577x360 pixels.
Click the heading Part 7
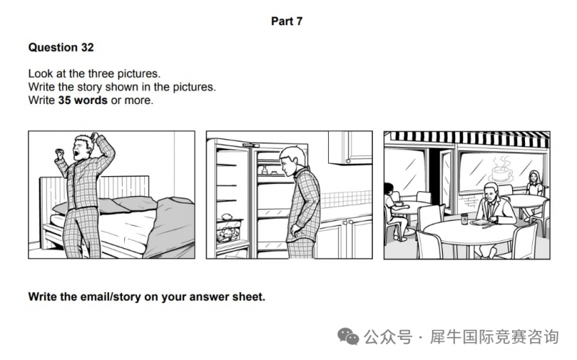[x=286, y=22]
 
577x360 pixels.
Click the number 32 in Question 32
[x=87, y=48]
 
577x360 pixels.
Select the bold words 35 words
[x=83, y=100]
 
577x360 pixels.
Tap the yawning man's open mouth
[x=76, y=152]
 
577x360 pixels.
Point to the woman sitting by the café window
[x=534, y=191]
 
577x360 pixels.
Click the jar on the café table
[x=464, y=219]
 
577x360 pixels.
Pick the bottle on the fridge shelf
[x=264, y=170]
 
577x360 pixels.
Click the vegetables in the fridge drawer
[x=227, y=235]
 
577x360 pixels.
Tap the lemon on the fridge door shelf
[x=226, y=216]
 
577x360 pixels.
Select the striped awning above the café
[x=467, y=139]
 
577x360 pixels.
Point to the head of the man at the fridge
[x=292, y=159]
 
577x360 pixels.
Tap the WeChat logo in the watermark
[x=348, y=336]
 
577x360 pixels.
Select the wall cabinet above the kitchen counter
[x=350, y=147]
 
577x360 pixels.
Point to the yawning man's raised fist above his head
[x=95, y=138]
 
